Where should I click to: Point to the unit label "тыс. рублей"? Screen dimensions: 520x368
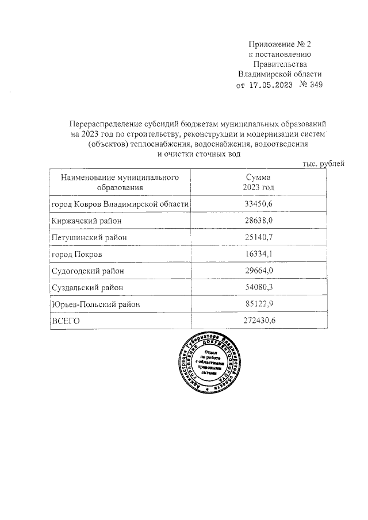click(x=323, y=164)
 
